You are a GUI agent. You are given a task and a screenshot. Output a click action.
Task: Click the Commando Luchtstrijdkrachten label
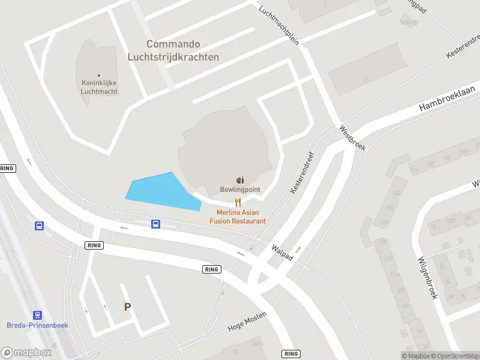coord(173,51)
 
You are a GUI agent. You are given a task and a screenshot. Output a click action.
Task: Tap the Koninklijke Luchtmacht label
coord(99,88)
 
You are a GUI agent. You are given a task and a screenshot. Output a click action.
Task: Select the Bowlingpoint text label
coord(240,190)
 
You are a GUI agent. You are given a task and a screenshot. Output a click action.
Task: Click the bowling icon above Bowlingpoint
coord(240,179)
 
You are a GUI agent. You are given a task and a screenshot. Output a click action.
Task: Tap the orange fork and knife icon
coord(238,202)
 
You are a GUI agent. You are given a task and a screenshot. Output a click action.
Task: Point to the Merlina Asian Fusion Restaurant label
coord(238,217)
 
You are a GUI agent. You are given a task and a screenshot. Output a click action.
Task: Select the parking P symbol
coord(127,307)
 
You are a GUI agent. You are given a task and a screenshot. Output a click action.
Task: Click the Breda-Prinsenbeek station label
coord(38,325)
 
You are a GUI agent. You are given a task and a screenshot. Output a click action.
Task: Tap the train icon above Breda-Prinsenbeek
coord(38,314)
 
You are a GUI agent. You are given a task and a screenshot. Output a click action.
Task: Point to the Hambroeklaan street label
coord(447,97)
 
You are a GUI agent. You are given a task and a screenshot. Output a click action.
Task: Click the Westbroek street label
coord(352,137)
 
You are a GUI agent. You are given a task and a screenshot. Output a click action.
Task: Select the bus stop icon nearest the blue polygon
coord(155,224)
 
